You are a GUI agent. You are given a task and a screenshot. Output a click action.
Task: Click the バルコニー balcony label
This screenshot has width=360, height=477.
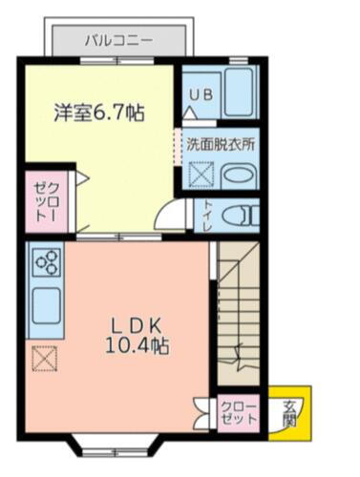click(x=117, y=40)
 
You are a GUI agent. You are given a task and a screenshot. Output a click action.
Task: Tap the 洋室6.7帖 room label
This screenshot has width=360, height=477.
click(x=97, y=113)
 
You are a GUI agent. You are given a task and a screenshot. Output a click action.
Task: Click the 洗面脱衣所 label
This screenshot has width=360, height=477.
click(x=220, y=146)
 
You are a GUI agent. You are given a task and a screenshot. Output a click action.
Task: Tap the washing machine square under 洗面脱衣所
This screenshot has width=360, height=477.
click(x=201, y=176)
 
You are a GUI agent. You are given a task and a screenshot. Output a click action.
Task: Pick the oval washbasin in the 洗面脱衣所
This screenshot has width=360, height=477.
click(x=238, y=176)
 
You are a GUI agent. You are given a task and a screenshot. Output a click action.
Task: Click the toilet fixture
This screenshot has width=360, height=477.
click(x=239, y=215)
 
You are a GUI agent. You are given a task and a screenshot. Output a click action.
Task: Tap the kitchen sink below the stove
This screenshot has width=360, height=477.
click(x=46, y=306)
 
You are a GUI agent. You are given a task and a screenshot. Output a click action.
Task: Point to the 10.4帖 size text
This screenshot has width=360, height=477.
click(x=138, y=345)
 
